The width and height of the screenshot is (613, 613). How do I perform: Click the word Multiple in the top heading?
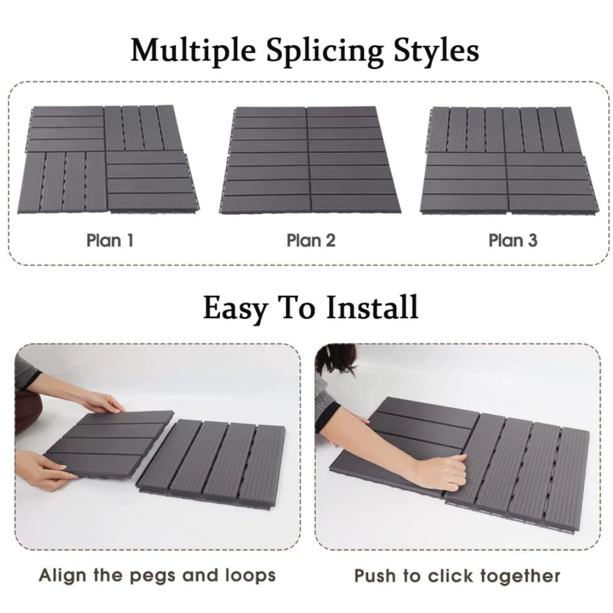193,51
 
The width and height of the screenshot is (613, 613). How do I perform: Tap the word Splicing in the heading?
324,51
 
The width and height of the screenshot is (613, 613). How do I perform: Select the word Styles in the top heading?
436,50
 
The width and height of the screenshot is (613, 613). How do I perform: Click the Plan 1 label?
110,240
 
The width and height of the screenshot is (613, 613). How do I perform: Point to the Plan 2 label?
311,240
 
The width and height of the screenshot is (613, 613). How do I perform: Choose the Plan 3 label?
512,240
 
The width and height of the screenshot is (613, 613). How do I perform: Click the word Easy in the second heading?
235,308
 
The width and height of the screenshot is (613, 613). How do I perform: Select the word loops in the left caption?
250,576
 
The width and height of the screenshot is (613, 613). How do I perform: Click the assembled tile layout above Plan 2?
311,160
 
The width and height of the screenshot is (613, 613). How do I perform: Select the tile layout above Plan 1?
109,160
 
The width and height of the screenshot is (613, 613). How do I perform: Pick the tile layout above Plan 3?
510,160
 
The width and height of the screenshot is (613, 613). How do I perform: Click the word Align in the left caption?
63,576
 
